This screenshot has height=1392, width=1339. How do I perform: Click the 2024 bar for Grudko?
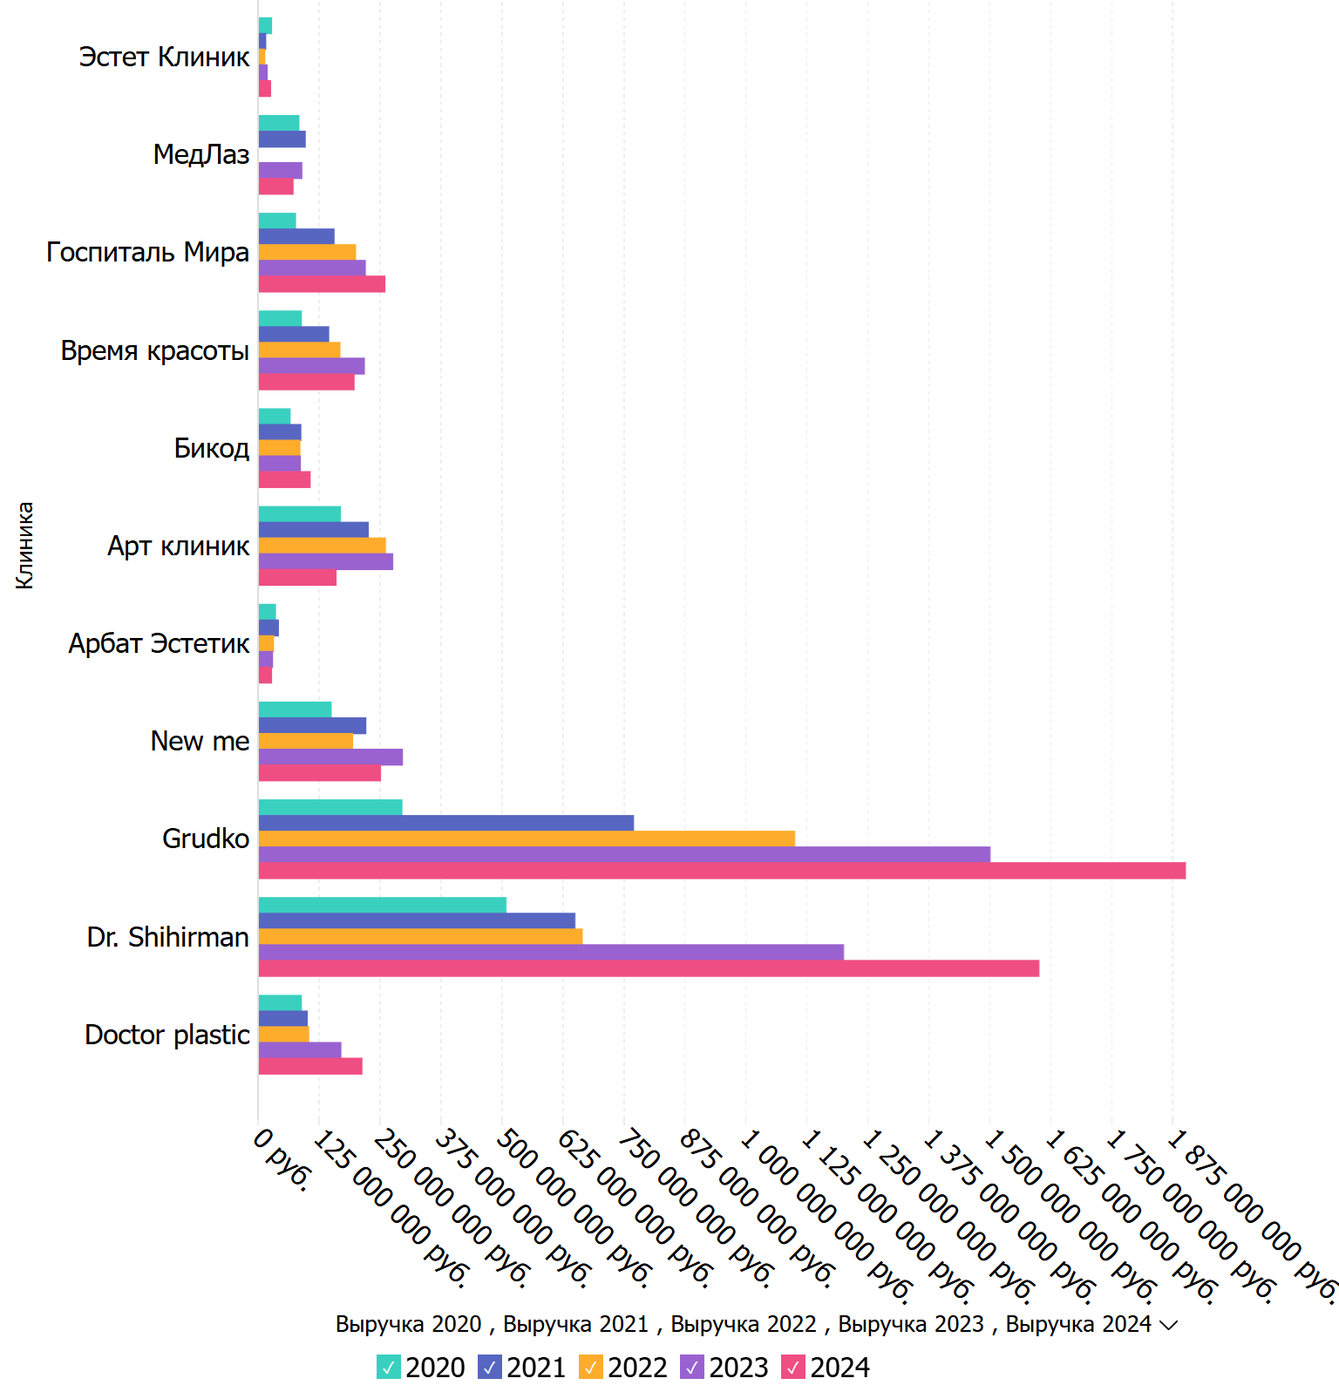(x=722, y=871)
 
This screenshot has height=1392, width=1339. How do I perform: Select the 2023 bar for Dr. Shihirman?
(x=551, y=953)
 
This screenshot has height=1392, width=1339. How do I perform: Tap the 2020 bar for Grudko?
(x=330, y=807)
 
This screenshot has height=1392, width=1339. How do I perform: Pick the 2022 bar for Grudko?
(x=527, y=839)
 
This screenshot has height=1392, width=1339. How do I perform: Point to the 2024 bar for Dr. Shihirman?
(x=649, y=968)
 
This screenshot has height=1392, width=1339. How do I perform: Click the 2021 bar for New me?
(x=312, y=725)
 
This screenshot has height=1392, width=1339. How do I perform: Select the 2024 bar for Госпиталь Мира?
(x=322, y=284)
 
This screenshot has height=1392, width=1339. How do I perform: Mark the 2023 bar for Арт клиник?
(x=325, y=561)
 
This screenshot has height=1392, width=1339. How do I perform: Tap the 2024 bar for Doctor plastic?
(x=310, y=1066)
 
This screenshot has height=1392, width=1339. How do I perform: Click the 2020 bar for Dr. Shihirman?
(x=382, y=905)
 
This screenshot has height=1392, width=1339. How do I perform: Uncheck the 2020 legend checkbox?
(x=388, y=1368)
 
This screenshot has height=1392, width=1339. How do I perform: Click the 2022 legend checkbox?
(x=590, y=1368)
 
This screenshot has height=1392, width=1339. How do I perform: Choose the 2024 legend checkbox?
(x=792, y=1368)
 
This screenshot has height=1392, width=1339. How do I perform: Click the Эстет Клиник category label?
(x=164, y=57)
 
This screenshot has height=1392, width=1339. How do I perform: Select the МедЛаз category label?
(x=201, y=154)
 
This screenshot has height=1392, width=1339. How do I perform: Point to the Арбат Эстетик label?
(x=159, y=643)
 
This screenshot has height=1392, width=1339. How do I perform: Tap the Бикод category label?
(x=212, y=448)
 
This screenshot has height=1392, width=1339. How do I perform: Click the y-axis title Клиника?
(x=24, y=546)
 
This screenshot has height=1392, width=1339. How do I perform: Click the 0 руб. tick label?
(x=282, y=1160)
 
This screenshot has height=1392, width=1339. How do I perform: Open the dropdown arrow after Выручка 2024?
(x=1169, y=1325)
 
